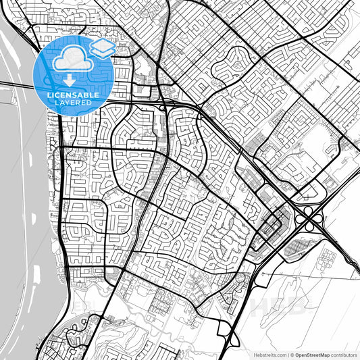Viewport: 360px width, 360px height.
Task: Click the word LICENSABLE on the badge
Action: pos(72,96)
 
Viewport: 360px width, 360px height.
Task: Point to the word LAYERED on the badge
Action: pos(72,103)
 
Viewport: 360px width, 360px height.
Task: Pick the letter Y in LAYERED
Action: pos(68,103)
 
